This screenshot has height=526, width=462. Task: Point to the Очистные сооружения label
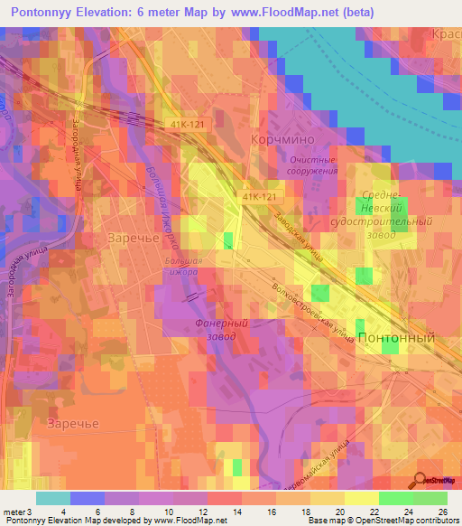click(x=310, y=164)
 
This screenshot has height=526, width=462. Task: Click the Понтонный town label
click(x=396, y=337)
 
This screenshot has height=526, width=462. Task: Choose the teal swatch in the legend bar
click(x=53, y=498)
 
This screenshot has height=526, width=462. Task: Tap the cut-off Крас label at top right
click(x=447, y=33)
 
